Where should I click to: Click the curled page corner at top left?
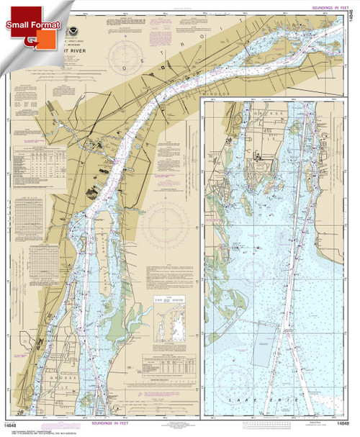[9, 9]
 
